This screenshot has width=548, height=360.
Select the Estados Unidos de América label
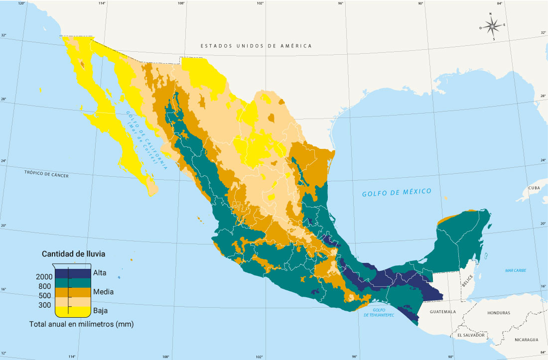[256, 46]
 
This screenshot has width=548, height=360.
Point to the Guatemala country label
[442, 312]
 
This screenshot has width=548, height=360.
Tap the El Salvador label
[471, 335]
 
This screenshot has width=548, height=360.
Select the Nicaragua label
[526, 339]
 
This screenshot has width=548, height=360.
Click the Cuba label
[534, 188]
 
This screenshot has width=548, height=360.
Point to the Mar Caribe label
[515, 270]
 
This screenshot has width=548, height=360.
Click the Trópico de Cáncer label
[46, 175]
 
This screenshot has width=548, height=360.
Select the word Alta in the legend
[100, 273]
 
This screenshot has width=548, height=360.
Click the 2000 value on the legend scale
[44, 277]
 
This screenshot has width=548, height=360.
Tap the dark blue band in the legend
[72, 273]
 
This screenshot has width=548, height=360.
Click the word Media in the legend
[103, 292]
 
